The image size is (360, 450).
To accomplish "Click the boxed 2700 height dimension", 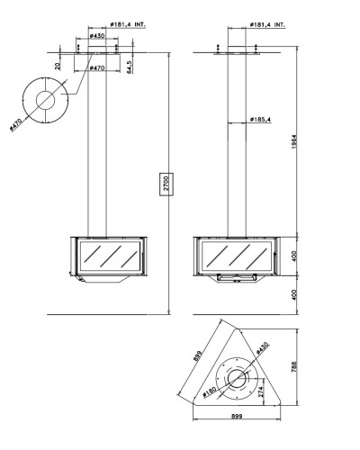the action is tap(166, 184).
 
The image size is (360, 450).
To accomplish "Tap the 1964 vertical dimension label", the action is tap(294, 141).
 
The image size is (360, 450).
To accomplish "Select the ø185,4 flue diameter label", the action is tap(260, 120).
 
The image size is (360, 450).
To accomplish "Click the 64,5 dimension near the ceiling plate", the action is tap(130, 67).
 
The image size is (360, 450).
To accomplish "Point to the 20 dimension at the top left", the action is tap(58, 66).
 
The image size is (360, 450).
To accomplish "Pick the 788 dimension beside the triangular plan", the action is tap(294, 366).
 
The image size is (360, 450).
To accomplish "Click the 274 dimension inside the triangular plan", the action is tap(260, 391).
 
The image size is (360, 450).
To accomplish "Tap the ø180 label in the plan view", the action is tap(210, 391).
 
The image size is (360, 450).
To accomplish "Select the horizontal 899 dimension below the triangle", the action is tap(237, 416).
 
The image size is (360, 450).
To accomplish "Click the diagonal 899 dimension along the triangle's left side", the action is tap(198, 356).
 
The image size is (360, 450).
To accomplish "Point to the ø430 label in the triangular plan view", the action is tap(262, 348).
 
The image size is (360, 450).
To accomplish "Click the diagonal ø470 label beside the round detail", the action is tap(16, 125).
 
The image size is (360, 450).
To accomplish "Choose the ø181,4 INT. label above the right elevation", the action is tap(267, 24).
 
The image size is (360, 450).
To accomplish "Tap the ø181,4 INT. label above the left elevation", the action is tap(128, 24).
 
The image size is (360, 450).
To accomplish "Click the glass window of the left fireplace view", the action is tap(111, 256).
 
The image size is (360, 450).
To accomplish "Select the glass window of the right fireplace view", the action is tap(237, 256).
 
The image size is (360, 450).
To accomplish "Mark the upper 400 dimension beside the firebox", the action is tap(294, 256).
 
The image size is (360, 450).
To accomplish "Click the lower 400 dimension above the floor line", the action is tap(294, 295).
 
